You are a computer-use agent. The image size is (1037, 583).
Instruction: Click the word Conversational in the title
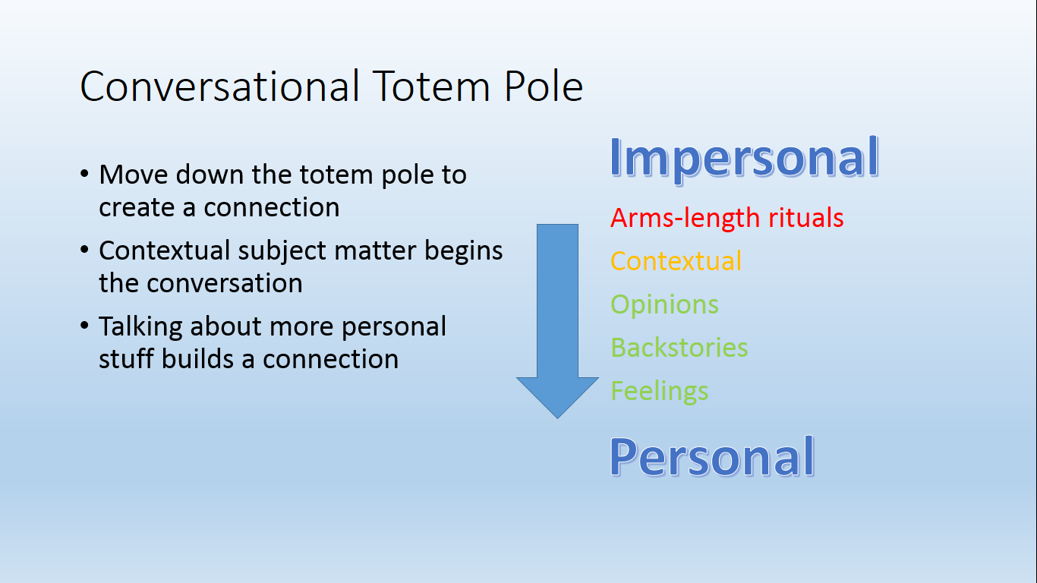pos(219,86)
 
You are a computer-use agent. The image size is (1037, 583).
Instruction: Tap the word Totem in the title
pos(431,86)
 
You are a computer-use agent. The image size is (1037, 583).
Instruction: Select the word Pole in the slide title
pos(543,86)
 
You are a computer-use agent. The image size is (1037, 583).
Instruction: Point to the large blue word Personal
pos(712,457)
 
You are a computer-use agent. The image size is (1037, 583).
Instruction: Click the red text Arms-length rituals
pos(727,218)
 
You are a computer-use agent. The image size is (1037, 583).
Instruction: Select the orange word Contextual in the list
pos(676,260)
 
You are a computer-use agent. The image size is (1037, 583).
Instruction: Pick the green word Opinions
pos(664,305)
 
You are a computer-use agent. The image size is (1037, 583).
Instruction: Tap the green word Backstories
pos(679,348)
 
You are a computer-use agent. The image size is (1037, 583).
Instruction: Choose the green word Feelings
pos(659,391)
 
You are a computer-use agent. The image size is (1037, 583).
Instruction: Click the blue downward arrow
pos(557,321)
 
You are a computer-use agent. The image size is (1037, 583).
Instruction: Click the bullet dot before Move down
pos(84,174)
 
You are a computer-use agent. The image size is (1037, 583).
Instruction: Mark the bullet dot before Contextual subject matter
pos(84,250)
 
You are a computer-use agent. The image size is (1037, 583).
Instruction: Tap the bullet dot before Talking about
pos(84,326)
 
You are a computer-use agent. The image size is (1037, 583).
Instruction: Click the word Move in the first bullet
pos(134,175)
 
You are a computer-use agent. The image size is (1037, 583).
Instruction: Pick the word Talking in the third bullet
pos(140,328)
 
